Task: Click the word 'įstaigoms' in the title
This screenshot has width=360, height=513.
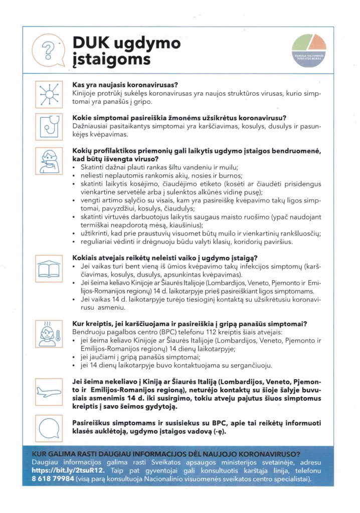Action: (x=111, y=59)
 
